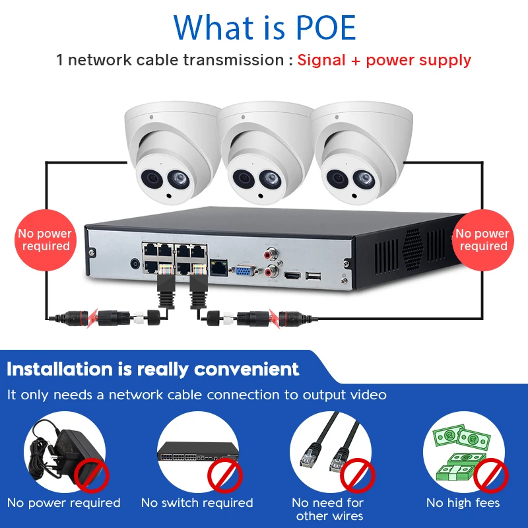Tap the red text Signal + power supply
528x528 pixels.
[x=384, y=60]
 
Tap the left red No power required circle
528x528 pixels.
[x=45, y=240]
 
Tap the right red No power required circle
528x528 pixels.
[x=482, y=240]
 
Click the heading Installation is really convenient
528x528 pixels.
[x=153, y=369]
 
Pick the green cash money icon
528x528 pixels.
[x=455, y=449]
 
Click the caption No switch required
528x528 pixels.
[x=197, y=503]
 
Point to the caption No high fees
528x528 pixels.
[x=463, y=503]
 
